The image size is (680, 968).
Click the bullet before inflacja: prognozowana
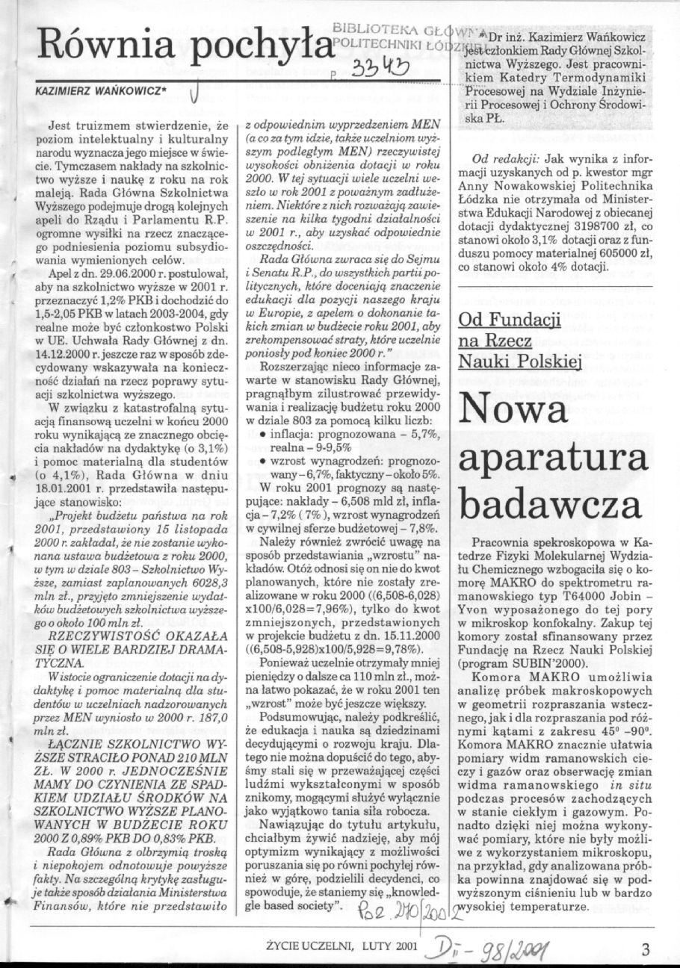259,434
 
